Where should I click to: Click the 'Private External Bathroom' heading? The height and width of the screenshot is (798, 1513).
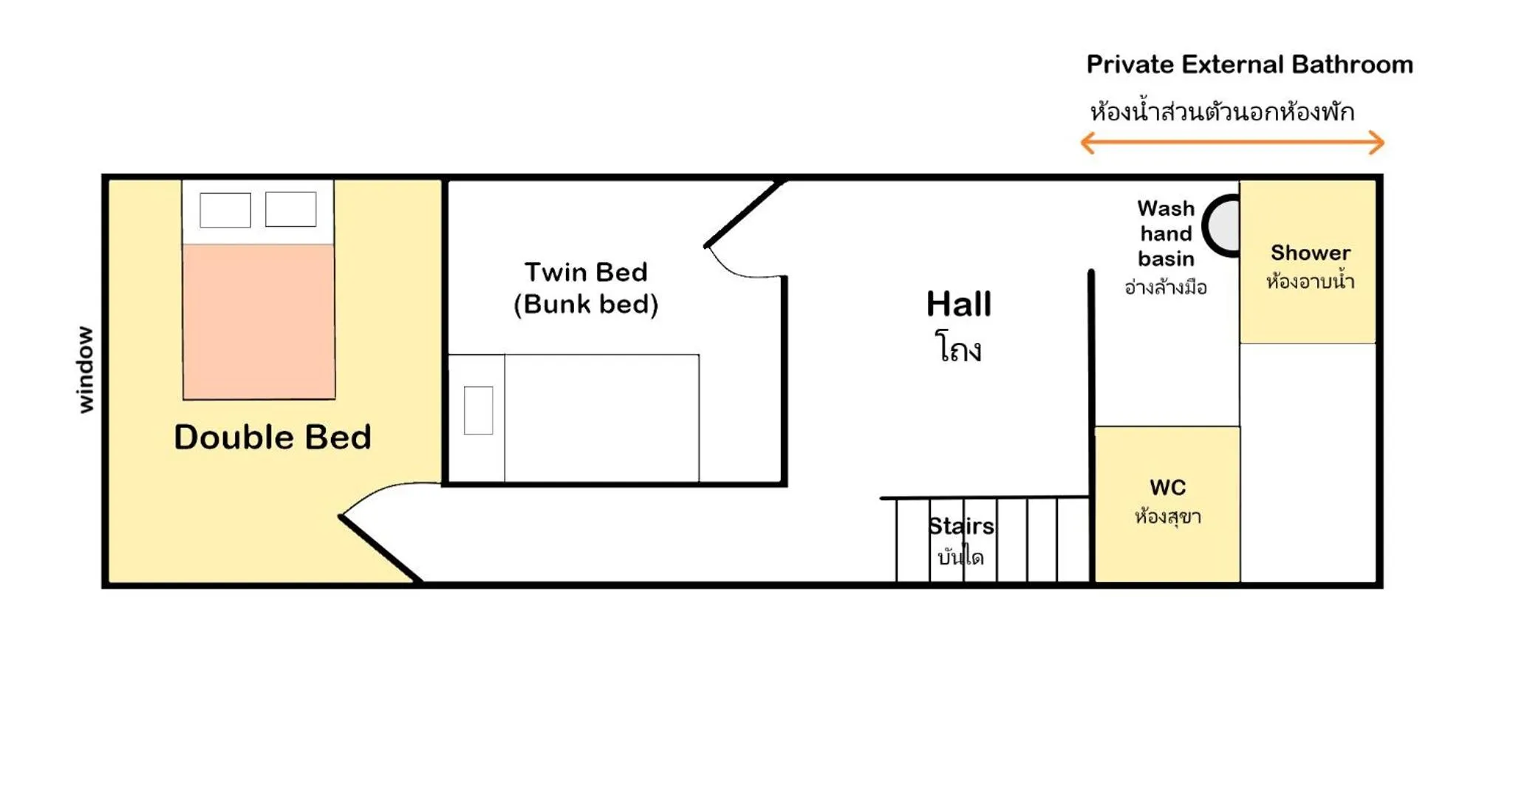click(x=1249, y=64)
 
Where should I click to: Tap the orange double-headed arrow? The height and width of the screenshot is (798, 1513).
click(x=1232, y=143)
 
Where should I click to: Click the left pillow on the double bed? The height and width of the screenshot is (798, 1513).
click(x=225, y=210)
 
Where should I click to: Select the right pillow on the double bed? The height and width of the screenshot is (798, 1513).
click(x=291, y=209)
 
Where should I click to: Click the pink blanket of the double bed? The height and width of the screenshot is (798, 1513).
click(x=259, y=321)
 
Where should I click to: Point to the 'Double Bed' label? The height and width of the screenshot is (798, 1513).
click(x=273, y=437)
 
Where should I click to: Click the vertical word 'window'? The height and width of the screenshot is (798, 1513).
click(x=86, y=369)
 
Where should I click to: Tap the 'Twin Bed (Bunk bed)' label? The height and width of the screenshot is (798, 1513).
click(x=586, y=288)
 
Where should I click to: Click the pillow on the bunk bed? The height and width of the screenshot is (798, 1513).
click(x=479, y=411)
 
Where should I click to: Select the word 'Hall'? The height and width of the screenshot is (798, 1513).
click(x=959, y=304)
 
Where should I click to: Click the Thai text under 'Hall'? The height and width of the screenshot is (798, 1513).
click(x=959, y=347)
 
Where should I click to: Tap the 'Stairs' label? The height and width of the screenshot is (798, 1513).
click(x=961, y=526)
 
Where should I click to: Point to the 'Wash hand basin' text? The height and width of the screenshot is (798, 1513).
click(x=1166, y=233)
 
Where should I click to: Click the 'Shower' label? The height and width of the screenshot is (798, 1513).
click(x=1311, y=253)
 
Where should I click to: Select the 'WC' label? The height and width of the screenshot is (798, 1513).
click(x=1168, y=488)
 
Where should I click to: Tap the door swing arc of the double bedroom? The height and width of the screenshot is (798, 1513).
click(x=384, y=491)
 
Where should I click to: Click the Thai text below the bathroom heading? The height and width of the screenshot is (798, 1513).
click(x=1222, y=112)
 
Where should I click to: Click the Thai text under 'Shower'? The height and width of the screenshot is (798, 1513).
click(x=1310, y=281)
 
